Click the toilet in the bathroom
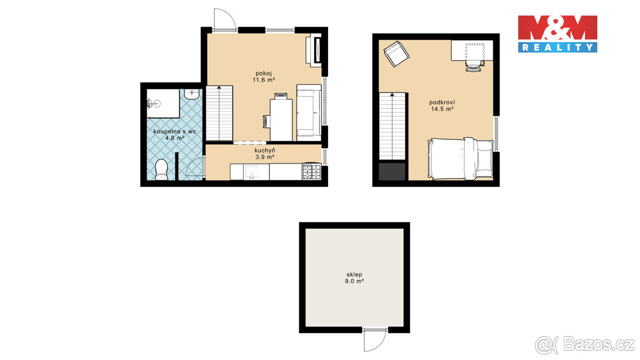tap(161, 170)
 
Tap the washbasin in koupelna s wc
tap(191, 94)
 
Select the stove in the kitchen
tap(312, 172)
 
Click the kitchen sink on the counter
tap(252, 172)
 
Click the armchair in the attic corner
tap(396, 54)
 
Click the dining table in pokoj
tap(282, 119)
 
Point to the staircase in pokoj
tap(220, 113)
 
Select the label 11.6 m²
tap(264, 79)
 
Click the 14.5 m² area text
tap(442, 109)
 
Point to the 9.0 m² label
tap(354, 281)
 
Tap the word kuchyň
tap(264, 150)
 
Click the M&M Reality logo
tap(557, 34)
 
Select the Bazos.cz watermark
tap(585, 345)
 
